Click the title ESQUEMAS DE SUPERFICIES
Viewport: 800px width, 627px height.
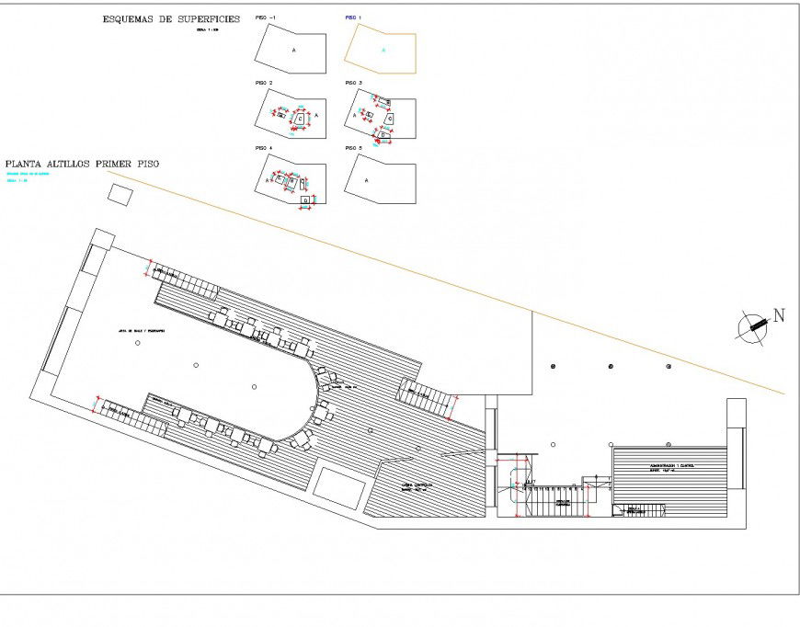[x=172, y=17]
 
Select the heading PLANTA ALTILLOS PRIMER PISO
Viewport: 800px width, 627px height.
[x=82, y=163]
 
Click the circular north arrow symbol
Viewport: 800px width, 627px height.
[x=753, y=326]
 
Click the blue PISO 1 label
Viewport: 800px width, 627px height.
[x=354, y=18]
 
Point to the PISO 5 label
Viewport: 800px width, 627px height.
[x=354, y=148]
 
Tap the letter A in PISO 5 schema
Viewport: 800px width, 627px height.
[x=367, y=180]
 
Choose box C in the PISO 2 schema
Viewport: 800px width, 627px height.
[x=301, y=120]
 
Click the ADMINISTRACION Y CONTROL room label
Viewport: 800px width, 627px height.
[x=671, y=466]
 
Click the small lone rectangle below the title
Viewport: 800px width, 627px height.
[x=120, y=194]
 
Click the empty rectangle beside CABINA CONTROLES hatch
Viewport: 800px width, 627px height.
[x=337, y=484]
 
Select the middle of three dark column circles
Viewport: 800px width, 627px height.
[x=611, y=368]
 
